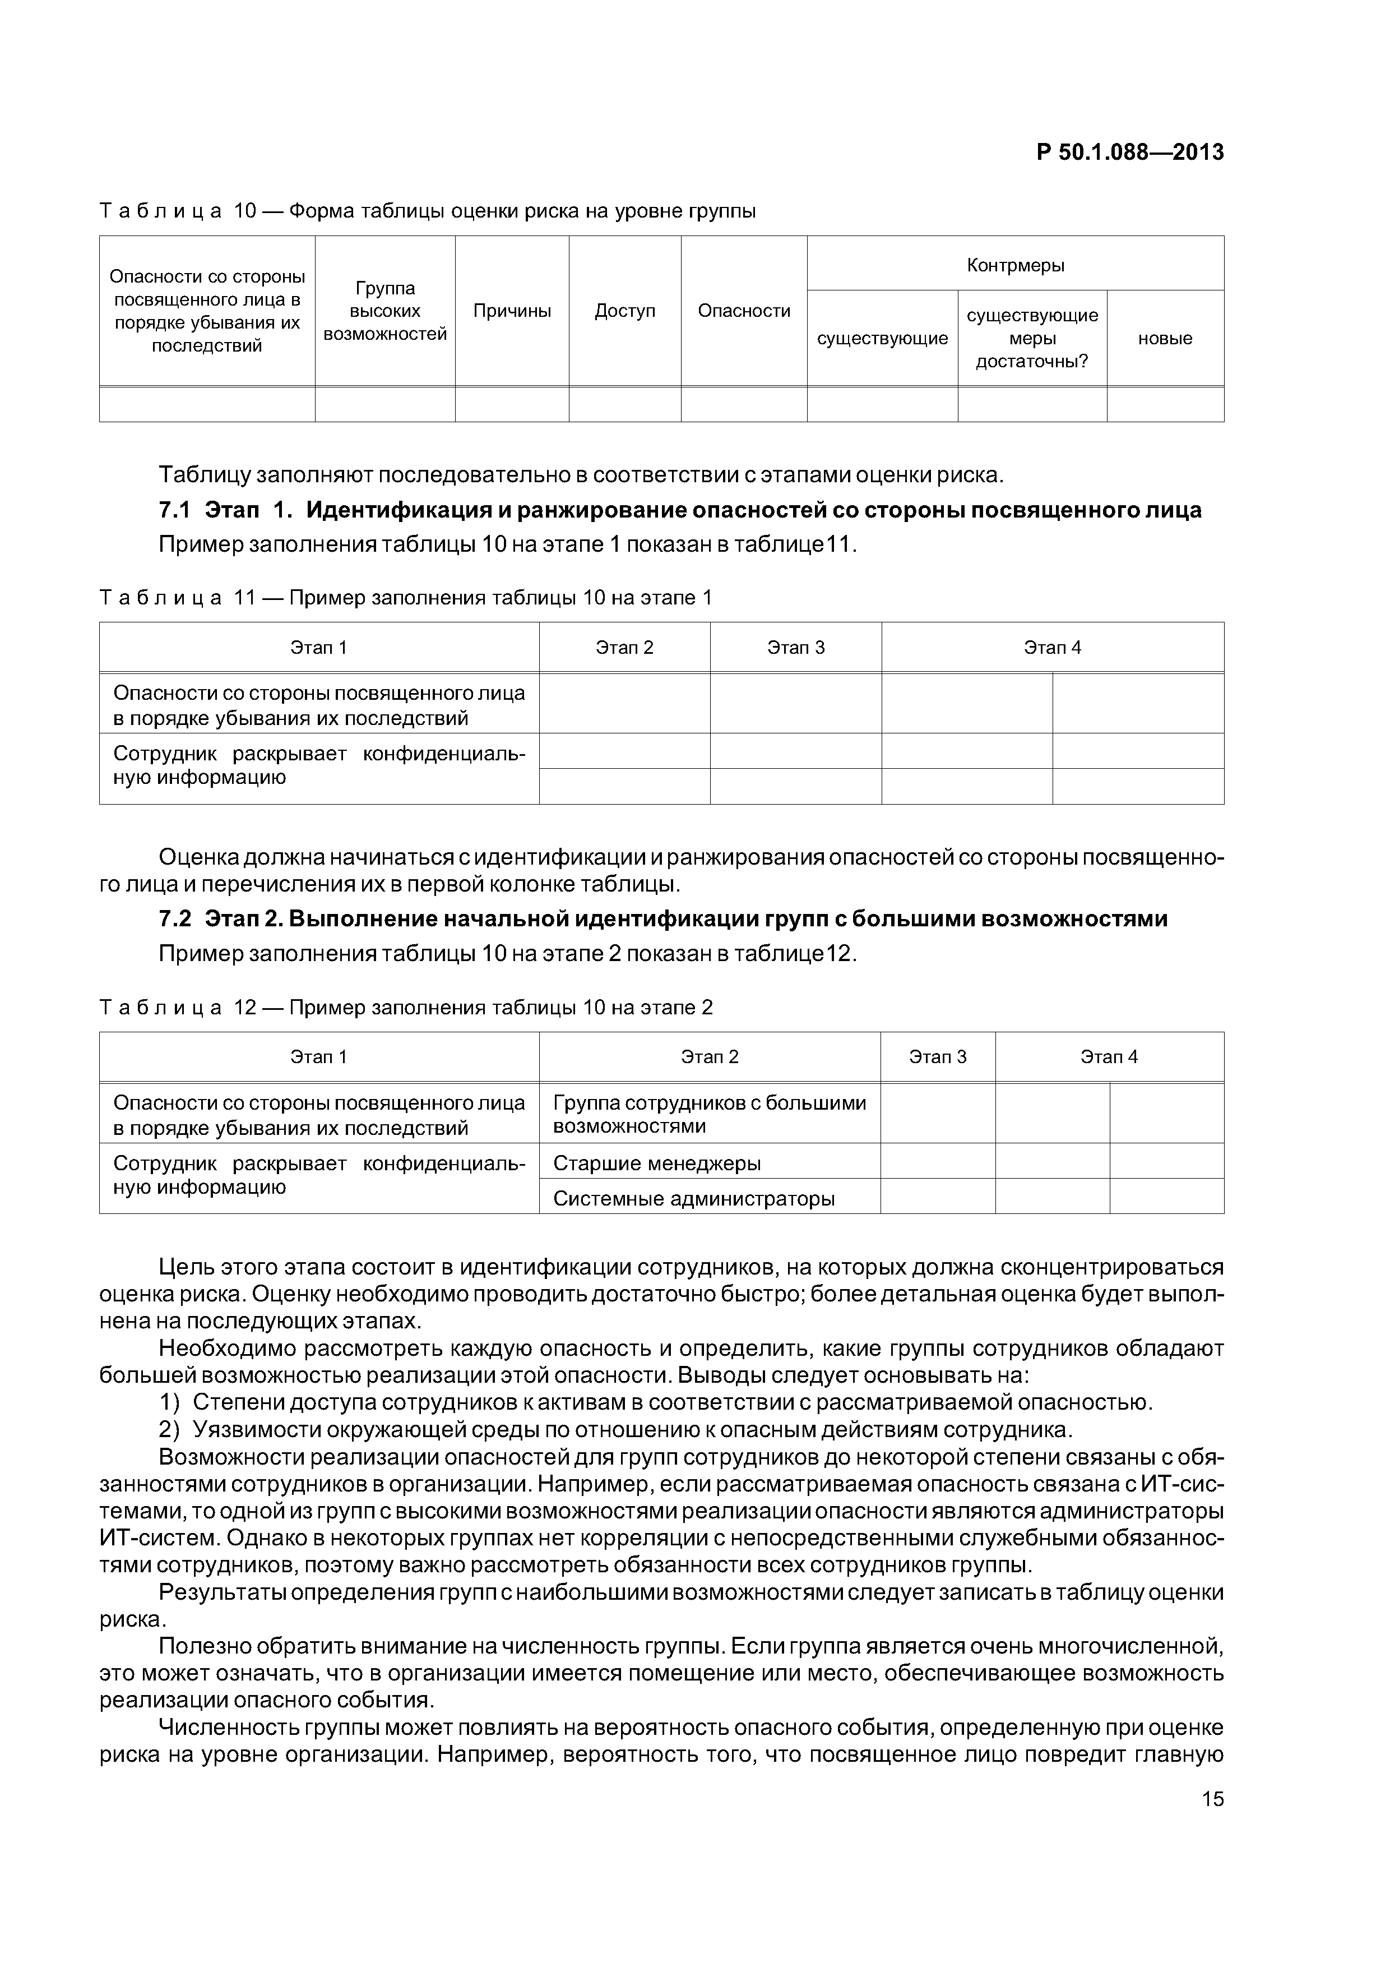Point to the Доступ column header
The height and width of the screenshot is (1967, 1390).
point(624,311)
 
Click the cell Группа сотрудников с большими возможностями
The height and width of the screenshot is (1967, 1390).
point(708,1114)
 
